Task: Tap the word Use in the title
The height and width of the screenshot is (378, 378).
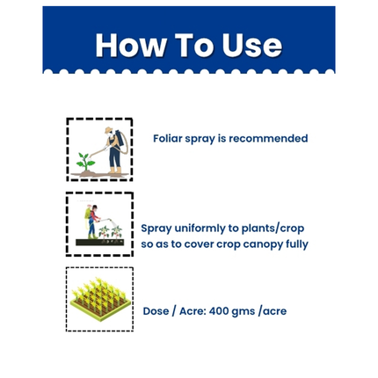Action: pos(248,46)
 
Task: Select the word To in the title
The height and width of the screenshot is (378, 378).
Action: pos(191,46)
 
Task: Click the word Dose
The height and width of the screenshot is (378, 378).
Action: pos(157,311)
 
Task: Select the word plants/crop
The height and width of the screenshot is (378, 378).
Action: pos(274,228)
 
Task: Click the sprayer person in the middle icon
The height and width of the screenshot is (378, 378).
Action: pos(91,221)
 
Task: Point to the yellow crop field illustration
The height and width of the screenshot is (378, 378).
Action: pos(99,300)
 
